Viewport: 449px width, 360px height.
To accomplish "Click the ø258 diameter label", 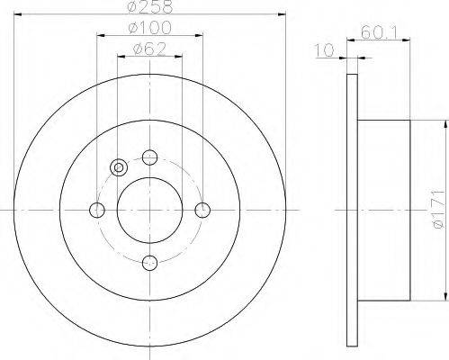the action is click(x=150, y=6).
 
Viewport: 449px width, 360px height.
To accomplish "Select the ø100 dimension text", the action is click(x=149, y=28).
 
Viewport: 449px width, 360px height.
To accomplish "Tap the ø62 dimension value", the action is click(x=149, y=49).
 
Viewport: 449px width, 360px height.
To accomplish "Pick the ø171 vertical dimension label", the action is click(x=439, y=210).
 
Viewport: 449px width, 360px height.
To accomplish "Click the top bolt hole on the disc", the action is click(x=149, y=157).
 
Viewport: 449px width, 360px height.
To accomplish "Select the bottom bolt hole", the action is click(x=149, y=263).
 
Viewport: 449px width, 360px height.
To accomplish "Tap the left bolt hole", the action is click(x=97, y=210).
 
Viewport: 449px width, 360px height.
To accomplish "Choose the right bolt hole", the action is click(x=202, y=210).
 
